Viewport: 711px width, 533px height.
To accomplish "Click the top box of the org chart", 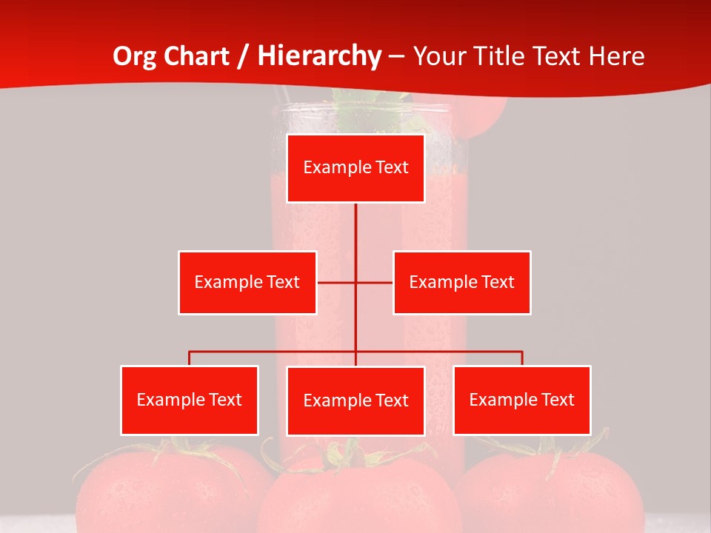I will coord(355,168).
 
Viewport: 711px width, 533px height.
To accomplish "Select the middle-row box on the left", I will coord(247,282).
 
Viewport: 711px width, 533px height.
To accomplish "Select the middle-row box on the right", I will coord(461,282).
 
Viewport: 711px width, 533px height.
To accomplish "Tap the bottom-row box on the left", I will coord(190,400).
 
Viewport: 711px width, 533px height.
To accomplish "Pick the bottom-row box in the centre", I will coord(355,400).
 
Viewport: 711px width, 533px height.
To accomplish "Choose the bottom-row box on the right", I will coord(522,400).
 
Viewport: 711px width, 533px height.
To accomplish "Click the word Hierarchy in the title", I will coord(319,56).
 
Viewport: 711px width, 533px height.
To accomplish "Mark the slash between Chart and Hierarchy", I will coord(243,56).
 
